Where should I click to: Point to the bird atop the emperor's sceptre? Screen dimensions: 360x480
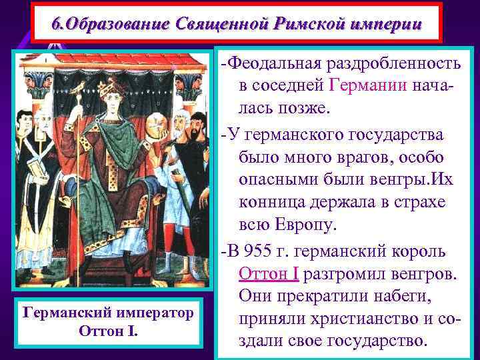79,87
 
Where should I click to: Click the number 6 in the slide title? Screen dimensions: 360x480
57,24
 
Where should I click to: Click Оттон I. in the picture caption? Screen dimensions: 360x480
107,330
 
